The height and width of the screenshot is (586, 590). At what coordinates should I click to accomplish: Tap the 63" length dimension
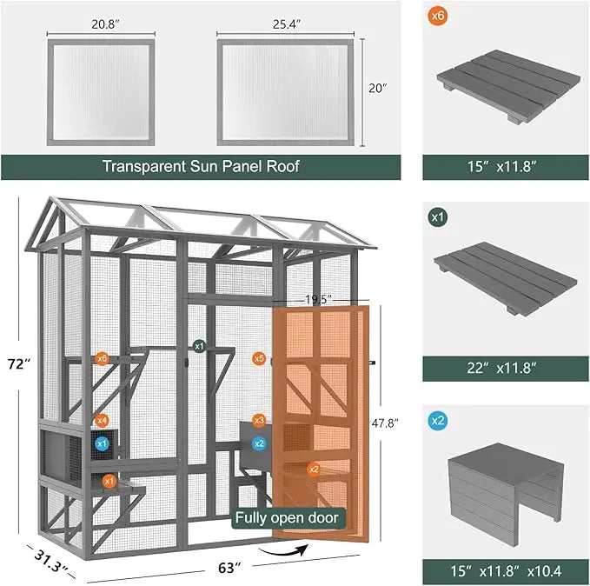pos(228,568)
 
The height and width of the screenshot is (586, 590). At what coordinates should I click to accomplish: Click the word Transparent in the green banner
pos(143,165)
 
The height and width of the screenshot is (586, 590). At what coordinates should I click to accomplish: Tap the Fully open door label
pos(288,518)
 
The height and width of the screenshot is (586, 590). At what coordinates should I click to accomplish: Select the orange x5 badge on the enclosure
pos(259,358)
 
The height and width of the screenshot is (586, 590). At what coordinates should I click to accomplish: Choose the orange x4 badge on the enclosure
pos(102,421)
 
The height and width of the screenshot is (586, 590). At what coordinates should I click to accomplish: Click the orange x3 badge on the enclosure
pos(259,421)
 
